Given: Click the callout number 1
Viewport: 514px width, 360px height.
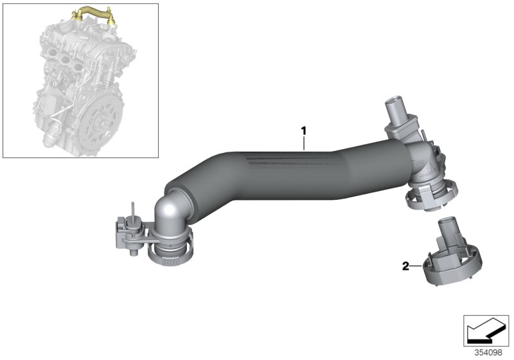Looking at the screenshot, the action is point(303,131).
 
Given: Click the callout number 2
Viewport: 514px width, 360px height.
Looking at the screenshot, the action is point(406,266).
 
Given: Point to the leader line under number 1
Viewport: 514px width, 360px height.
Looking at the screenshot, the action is point(304,143).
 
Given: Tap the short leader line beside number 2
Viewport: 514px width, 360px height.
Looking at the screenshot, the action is point(416,266).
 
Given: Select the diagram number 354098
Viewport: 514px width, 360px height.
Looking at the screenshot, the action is point(488,353).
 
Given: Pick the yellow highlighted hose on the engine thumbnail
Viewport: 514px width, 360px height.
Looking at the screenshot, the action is point(94,14).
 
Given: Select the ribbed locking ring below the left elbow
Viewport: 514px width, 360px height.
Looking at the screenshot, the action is point(170,255).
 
